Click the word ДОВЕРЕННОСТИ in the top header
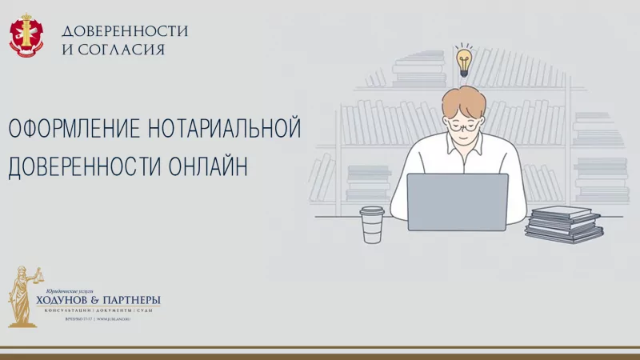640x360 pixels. (125, 31)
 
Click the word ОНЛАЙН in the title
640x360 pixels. (208, 166)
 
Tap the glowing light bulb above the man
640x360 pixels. (464, 60)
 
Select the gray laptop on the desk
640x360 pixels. (457, 202)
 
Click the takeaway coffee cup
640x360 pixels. (372, 224)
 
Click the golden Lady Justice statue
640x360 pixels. (22, 296)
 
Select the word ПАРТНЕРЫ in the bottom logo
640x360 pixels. (133, 300)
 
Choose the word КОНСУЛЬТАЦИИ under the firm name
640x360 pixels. (69, 310)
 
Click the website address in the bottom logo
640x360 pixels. (113, 318)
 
